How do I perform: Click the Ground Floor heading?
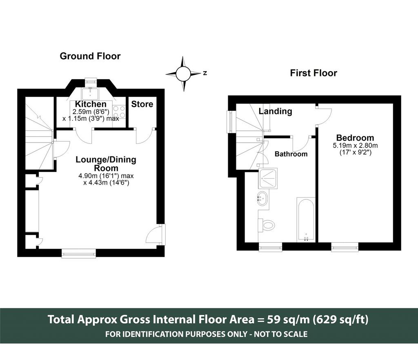[x=90, y=56]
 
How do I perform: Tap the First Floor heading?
[x=313, y=73]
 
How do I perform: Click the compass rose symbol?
[x=183, y=74]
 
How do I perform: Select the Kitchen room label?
[x=91, y=104]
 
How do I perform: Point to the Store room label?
[x=142, y=104]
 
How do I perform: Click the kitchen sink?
[x=90, y=94]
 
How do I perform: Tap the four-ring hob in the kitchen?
[x=119, y=112]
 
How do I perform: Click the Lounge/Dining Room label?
[x=106, y=164]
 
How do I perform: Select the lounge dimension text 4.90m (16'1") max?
[x=106, y=176]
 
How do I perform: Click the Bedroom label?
[x=355, y=138]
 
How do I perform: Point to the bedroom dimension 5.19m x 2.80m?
[x=356, y=146]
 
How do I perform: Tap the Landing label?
[x=276, y=111]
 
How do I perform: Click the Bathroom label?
[x=291, y=154]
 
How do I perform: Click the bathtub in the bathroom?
[x=306, y=220]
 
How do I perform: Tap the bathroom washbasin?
[x=262, y=198]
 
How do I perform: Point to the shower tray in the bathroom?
[x=268, y=178]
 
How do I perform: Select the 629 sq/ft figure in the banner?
[x=341, y=319]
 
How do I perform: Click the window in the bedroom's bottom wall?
[x=345, y=247]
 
